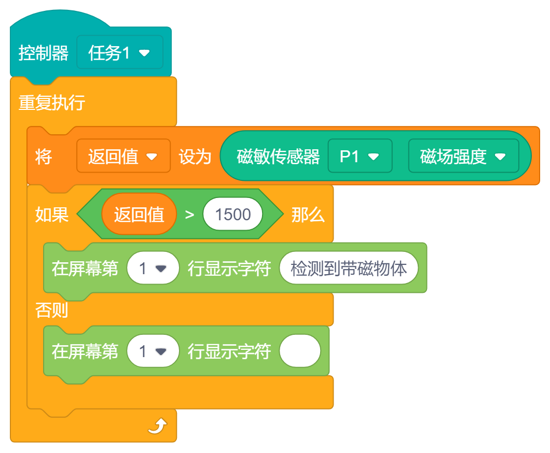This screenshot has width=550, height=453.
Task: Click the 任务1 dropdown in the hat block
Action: point(119,52)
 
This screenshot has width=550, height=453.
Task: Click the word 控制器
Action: point(44,53)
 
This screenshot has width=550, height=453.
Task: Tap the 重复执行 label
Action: point(52,103)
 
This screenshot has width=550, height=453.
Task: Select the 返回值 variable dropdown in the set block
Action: point(123,156)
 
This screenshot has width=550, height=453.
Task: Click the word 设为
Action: point(195,157)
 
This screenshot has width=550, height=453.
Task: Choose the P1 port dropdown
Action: point(360,156)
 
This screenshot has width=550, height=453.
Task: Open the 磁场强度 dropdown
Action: point(463,156)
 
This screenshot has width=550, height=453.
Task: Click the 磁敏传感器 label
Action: point(278,157)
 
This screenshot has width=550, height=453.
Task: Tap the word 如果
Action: point(52,215)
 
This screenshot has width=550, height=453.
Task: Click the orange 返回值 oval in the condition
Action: point(139,214)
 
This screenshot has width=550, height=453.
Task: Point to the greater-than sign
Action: point(189,215)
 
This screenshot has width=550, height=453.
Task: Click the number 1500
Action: point(232,214)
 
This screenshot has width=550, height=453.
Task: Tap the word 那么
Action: point(308,215)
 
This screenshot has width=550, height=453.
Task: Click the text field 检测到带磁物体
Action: point(348,268)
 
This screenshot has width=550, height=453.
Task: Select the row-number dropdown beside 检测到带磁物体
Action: point(153,268)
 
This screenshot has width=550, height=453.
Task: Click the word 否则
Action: point(52,310)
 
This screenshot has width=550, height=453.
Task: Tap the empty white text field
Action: point(300,351)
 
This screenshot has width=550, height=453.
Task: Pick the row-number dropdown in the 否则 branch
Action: point(153,351)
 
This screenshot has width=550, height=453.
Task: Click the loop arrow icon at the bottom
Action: point(157,427)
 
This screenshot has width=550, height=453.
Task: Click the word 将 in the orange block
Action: point(44,157)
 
